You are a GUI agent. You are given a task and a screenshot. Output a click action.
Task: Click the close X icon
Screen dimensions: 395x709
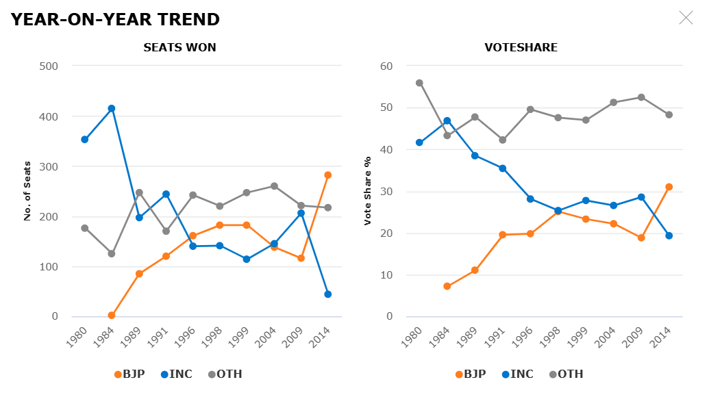tap(686, 18)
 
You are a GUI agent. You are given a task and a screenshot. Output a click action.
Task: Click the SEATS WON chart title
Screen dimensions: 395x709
tap(179, 48)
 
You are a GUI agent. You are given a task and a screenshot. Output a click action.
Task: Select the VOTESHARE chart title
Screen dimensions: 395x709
tap(521, 48)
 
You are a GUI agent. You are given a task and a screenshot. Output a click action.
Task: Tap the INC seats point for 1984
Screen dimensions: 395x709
tap(112, 108)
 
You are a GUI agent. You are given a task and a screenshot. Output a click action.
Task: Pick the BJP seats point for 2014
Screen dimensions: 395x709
tap(327, 175)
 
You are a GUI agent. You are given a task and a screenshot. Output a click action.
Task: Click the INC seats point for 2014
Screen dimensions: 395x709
tap(327, 294)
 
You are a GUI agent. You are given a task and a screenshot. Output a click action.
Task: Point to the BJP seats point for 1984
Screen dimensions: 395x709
tap(112, 316)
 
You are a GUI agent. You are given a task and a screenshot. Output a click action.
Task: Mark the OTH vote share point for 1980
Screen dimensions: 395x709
tap(419, 83)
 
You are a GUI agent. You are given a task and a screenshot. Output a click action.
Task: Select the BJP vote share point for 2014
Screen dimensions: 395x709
tap(669, 187)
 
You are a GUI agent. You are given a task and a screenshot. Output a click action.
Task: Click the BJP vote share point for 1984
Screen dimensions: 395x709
tap(447, 286)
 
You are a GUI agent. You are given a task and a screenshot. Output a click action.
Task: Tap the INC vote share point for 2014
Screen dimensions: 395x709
tap(669, 235)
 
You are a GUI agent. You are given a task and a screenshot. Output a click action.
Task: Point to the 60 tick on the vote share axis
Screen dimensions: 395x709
tap(388, 66)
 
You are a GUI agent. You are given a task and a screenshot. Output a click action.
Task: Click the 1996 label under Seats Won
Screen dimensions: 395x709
tap(188, 335)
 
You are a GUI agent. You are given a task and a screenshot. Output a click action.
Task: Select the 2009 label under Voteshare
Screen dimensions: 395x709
tap(636, 335)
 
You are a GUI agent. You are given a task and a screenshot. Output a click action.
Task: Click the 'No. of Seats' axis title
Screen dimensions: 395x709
tap(28, 191)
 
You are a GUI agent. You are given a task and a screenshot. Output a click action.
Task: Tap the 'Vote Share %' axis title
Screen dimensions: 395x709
tap(368, 191)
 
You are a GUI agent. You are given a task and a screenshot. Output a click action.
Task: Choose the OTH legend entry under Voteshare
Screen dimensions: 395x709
tap(567, 374)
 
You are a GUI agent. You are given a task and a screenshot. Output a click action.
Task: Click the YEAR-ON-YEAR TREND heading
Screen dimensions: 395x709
tap(115, 19)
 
